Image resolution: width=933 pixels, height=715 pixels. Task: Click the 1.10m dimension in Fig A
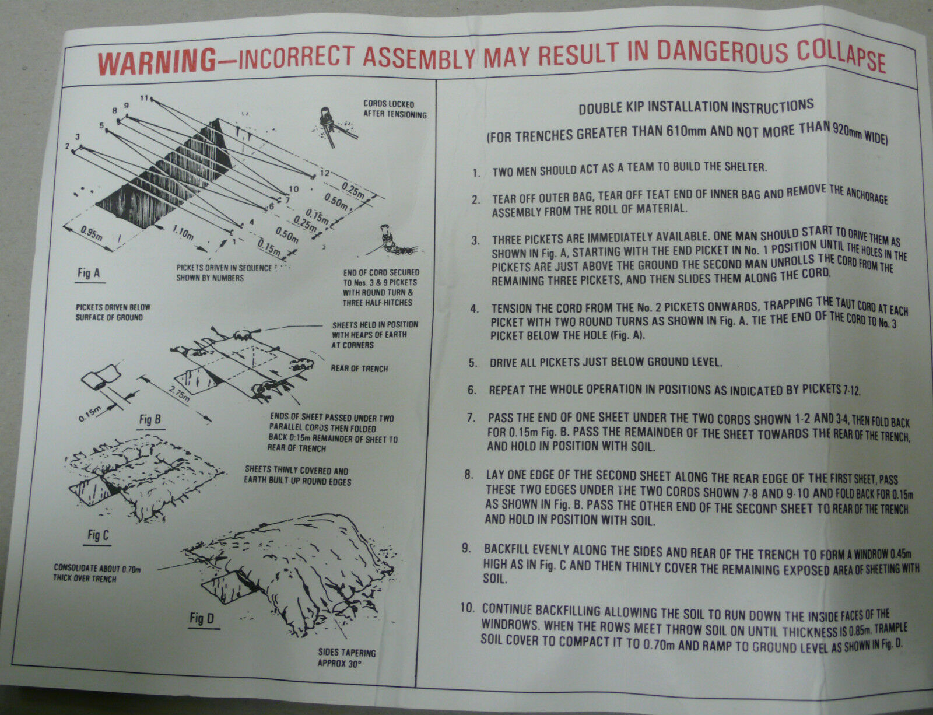point(183,233)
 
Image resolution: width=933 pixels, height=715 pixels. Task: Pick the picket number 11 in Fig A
point(145,97)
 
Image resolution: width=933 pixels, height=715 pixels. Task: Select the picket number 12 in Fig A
point(324,173)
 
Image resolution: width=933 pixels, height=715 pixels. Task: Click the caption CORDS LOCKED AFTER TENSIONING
point(395,110)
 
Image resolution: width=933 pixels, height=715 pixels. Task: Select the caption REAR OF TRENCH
point(359,368)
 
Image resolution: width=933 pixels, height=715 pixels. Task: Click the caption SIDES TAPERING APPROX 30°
point(346,657)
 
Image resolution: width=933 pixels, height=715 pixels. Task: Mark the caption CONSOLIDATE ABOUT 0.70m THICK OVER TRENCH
point(86,573)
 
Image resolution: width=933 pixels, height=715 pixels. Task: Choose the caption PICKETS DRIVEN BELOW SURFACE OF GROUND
point(109,311)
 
